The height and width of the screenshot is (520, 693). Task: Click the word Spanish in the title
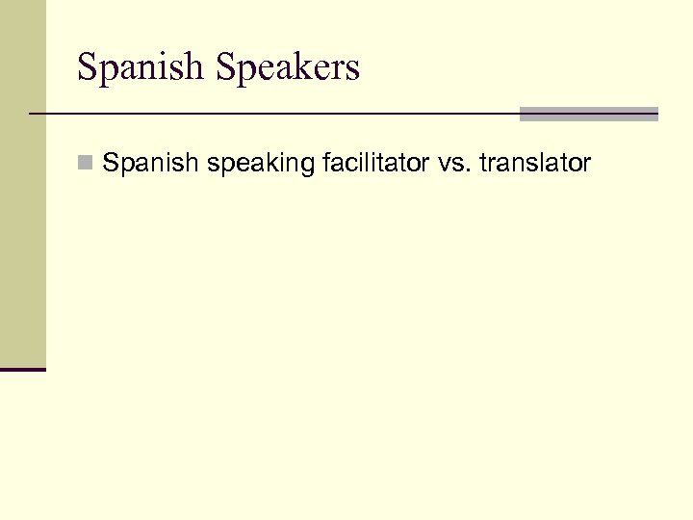[x=141, y=68]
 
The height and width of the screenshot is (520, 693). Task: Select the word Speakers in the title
[x=288, y=68]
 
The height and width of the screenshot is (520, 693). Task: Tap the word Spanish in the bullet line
[x=151, y=164]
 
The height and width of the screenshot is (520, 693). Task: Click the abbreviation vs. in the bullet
[x=451, y=165]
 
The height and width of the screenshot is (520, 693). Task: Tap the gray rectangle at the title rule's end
[x=588, y=114]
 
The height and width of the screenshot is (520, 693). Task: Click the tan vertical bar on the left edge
[x=22, y=183]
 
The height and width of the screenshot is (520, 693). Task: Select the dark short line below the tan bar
[x=22, y=369]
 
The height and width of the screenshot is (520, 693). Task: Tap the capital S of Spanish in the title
[x=87, y=68]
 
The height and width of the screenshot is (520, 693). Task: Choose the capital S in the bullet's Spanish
[x=111, y=164]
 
